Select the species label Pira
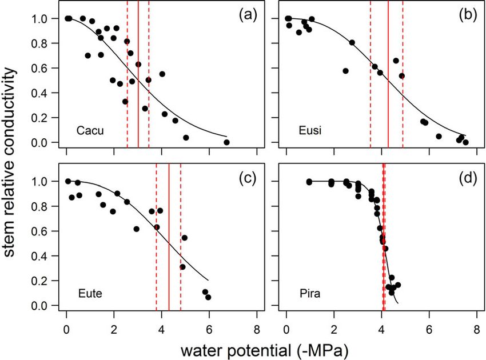309,294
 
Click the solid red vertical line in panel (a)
138,74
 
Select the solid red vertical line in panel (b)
388,74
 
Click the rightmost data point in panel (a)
226,142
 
